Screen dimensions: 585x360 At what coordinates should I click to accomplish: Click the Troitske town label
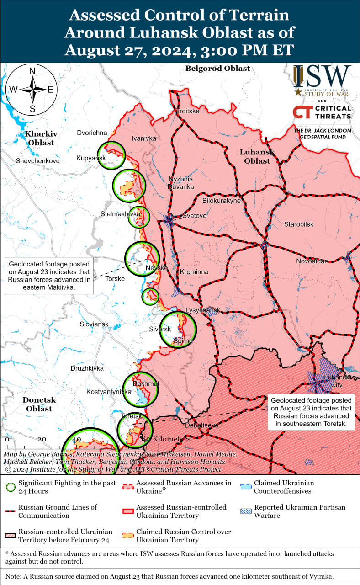188,112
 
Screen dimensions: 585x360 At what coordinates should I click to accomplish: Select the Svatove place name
194,215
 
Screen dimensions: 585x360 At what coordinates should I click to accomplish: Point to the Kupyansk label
91,158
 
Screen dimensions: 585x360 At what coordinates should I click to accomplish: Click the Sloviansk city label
94,324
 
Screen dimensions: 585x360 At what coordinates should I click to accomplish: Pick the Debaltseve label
201,425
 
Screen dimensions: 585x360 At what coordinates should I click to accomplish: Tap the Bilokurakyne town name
221,201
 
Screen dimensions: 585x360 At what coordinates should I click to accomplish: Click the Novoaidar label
311,261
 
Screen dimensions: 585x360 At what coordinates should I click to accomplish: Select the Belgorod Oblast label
218,69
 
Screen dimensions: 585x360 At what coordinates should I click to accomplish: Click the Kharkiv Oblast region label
41,138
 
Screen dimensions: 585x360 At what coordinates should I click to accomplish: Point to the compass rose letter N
32,71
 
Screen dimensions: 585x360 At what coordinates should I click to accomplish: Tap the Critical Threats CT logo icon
302,112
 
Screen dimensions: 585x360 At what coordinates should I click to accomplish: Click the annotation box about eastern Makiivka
49,276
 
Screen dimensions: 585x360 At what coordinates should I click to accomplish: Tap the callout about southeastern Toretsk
312,412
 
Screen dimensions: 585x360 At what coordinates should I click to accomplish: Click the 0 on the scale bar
7,439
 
